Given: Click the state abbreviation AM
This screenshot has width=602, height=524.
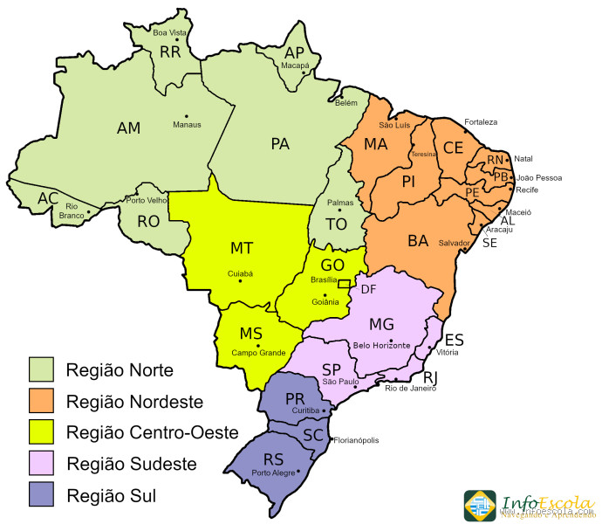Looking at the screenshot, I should click(128, 128).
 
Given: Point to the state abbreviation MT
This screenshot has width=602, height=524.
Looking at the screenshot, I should click(242, 248).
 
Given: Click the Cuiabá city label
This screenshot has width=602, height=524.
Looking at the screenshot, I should click(240, 273).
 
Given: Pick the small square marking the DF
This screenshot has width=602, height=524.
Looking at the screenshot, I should click(344, 284).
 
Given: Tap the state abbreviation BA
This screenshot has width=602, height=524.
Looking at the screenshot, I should click(418, 240).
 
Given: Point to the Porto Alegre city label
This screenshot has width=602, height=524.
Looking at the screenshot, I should click(273, 473).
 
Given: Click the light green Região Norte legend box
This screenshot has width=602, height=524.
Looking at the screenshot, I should click(41, 369).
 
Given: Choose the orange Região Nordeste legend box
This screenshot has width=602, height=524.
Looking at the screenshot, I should click(41, 401).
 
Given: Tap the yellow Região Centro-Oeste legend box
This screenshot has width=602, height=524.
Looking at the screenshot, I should click(41, 431).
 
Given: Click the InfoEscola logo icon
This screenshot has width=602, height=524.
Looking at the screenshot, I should click(480, 506).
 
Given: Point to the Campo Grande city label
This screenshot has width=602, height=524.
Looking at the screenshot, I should click(259, 353).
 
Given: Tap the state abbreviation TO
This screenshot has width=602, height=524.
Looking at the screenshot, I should click(336, 224).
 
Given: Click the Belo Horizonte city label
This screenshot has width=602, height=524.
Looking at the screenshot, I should click(381, 345).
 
